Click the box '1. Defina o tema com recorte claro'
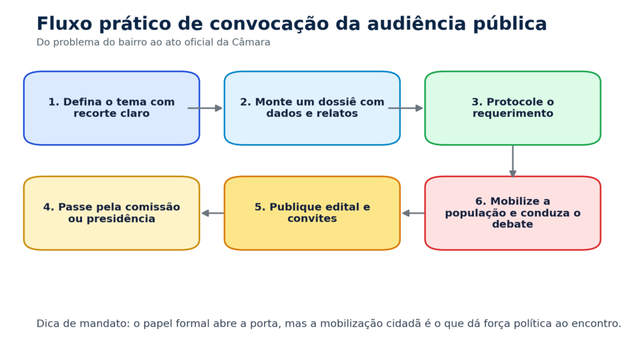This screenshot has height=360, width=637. click(x=112, y=108)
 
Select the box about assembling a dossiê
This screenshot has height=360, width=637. click(x=312, y=108)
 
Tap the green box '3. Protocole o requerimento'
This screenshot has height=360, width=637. click(x=513, y=108)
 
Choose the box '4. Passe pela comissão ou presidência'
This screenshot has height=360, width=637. click(x=112, y=213)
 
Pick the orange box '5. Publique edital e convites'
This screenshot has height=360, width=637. click(x=312, y=213)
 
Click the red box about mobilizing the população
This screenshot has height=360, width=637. click(x=513, y=213)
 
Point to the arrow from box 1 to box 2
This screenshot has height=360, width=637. click(x=205, y=108)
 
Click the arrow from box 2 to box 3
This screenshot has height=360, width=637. click(x=406, y=108)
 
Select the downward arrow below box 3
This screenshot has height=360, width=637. click(x=513, y=162)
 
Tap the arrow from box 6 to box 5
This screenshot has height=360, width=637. click(x=413, y=213)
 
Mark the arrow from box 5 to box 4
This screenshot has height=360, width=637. click(x=213, y=213)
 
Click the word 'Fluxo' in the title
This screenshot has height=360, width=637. click(x=64, y=24)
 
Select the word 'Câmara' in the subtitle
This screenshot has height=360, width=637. click(x=251, y=42)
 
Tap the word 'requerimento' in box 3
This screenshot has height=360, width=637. click(x=513, y=114)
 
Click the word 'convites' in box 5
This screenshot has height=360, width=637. click(x=312, y=218)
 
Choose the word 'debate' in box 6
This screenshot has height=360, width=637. click(x=513, y=224)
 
